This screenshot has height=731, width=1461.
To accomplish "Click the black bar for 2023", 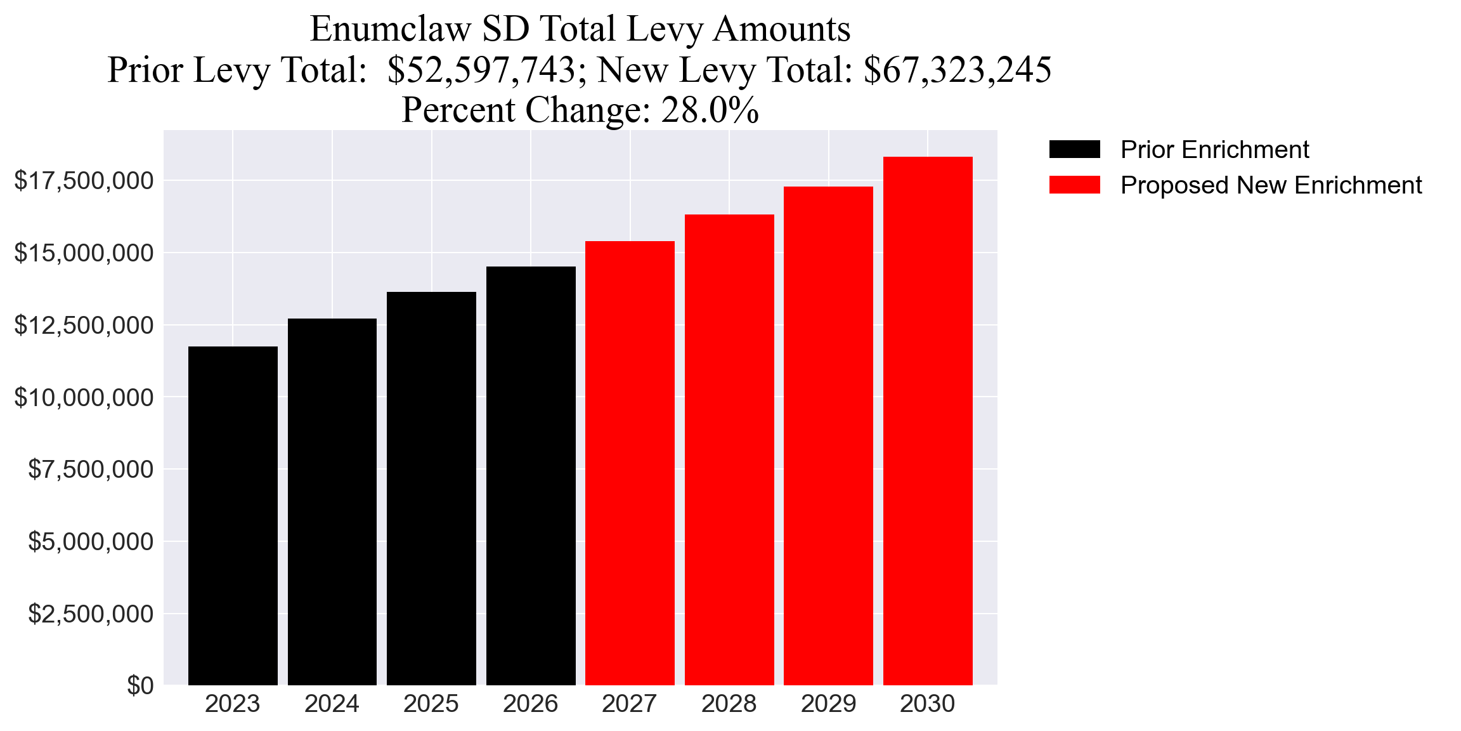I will pyautogui.click(x=233, y=515).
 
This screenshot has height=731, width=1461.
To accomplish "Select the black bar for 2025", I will pyautogui.click(x=431, y=489).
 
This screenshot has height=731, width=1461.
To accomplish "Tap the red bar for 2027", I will pyautogui.click(x=630, y=463).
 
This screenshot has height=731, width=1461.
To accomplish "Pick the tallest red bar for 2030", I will pyautogui.click(x=928, y=421).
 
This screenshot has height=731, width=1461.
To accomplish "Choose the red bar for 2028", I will pyautogui.click(x=729, y=449).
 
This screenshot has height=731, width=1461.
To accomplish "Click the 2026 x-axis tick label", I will pyautogui.click(x=530, y=704).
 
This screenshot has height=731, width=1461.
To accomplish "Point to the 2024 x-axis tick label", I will pyautogui.click(x=332, y=704).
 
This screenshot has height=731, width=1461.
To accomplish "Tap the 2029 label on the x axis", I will pyautogui.click(x=828, y=704).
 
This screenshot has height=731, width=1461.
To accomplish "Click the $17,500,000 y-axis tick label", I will pyautogui.click(x=84, y=181).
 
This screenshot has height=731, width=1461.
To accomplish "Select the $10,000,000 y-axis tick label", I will pyautogui.click(x=84, y=398).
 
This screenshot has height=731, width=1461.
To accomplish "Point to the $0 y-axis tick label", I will pyautogui.click(x=140, y=686).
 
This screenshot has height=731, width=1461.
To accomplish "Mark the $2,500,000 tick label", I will pyautogui.click(x=91, y=614).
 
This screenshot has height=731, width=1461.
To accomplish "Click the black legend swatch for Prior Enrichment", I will pyautogui.click(x=1074, y=150).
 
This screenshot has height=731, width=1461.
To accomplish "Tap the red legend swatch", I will pyautogui.click(x=1074, y=185).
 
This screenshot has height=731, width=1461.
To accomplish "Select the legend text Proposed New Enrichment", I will pyautogui.click(x=1271, y=185).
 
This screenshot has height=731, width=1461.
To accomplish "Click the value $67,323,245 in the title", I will pyautogui.click(x=958, y=70).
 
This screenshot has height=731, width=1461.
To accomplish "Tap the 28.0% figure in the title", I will pyautogui.click(x=710, y=110).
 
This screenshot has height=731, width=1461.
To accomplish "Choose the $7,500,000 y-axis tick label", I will pyautogui.click(x=91, y=470).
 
